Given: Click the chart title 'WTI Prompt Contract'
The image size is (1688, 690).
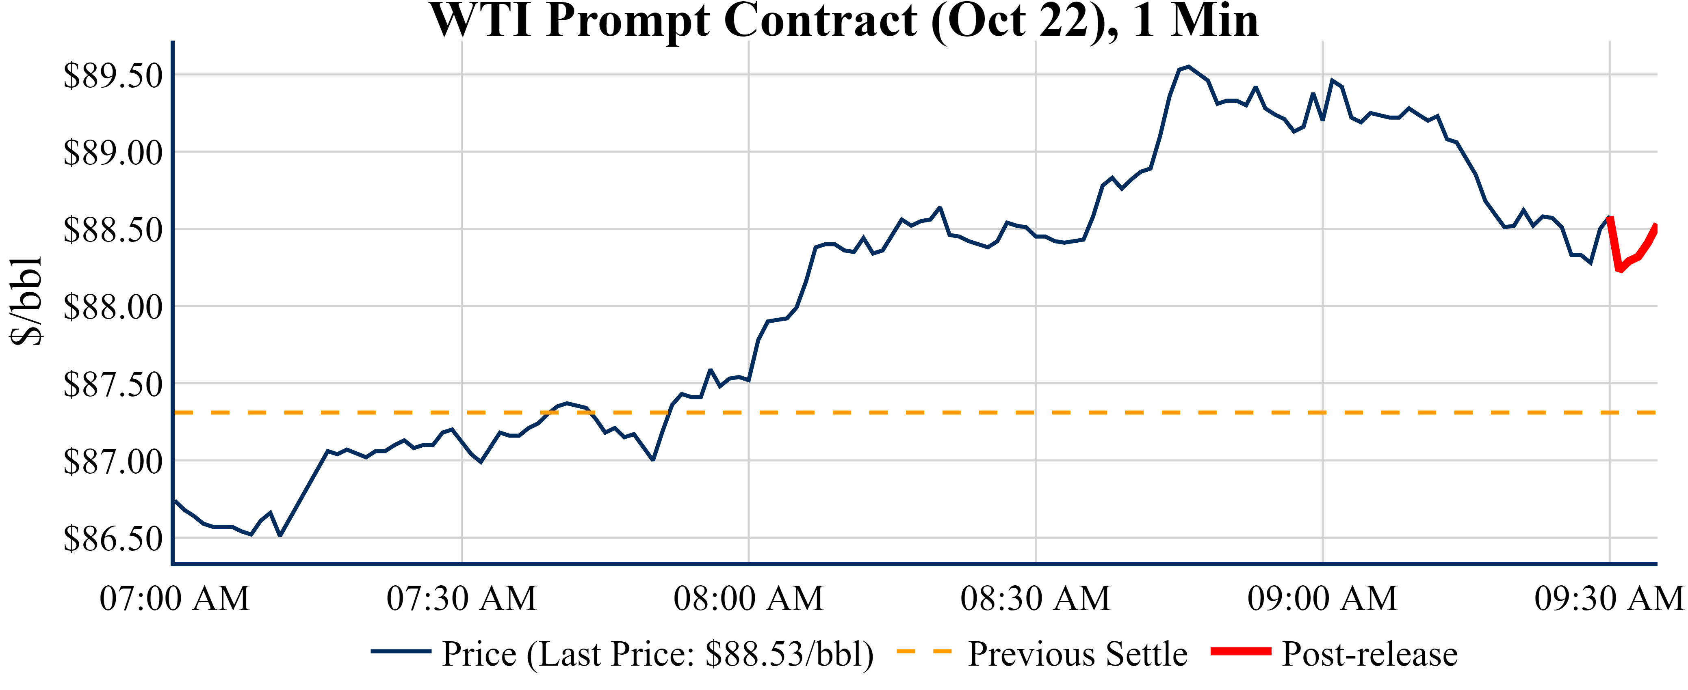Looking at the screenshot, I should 843,21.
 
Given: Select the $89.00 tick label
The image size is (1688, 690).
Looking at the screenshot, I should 113,153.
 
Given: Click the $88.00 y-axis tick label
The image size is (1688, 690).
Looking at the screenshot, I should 113,307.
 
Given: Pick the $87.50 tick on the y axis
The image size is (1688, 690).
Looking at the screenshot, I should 113,384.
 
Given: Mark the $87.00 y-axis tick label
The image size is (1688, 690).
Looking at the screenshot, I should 113,461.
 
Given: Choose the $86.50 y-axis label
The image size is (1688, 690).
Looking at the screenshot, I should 113,539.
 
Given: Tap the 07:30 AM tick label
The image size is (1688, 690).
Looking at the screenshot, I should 462,598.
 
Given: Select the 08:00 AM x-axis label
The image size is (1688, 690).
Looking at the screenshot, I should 748,598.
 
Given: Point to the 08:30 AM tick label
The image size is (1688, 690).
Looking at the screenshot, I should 1035,598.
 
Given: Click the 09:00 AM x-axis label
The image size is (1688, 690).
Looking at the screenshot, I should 1322,598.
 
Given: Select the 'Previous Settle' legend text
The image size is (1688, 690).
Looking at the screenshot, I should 1077,654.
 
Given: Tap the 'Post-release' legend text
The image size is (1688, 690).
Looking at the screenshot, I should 1369,654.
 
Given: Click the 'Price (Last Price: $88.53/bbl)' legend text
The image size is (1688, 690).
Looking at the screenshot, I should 658,654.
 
